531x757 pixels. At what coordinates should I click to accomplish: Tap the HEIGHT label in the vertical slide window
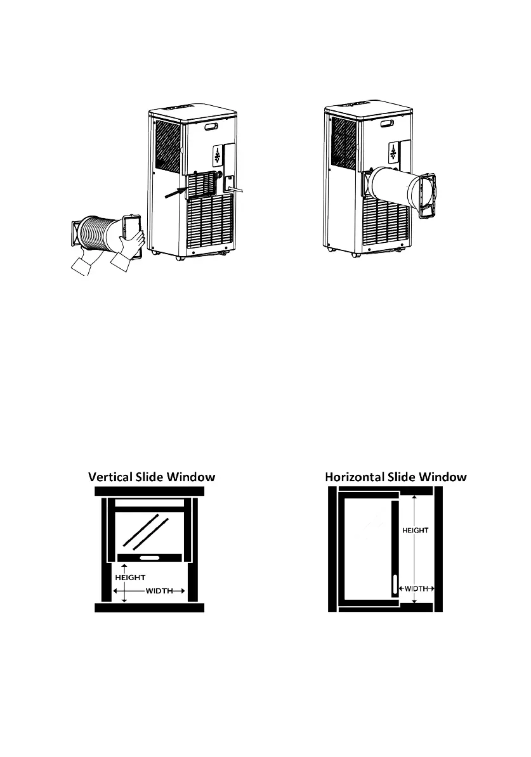(131, 577)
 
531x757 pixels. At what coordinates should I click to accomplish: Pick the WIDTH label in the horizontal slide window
(416, 588)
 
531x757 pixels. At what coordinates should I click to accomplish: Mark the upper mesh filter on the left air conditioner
(168, 145)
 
